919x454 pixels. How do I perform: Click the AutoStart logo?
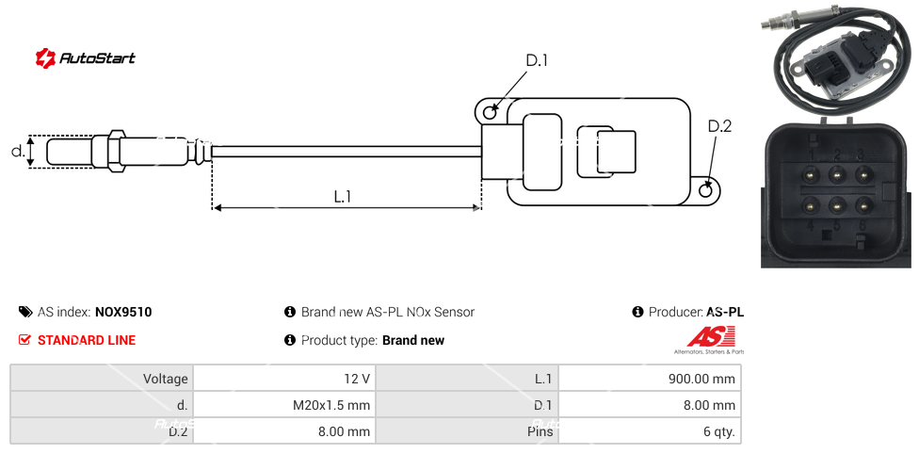coord(85,58)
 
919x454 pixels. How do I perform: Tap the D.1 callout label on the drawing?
coord(537,61)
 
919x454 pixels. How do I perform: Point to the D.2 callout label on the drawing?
coord(719,126)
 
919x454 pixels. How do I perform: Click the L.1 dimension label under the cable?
coord(343,197)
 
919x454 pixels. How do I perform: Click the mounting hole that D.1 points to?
coord(490,113)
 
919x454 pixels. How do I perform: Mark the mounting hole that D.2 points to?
coord(708,191)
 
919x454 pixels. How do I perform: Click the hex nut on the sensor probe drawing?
coord(117,151)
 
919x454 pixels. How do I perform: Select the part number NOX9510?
coord(123,312)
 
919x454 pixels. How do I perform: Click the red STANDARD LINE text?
coord(87,340)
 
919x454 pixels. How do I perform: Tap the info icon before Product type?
coord(290,340)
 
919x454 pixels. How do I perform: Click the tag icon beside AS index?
coord(25,312)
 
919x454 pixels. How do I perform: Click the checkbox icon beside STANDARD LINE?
coord(25,340)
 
